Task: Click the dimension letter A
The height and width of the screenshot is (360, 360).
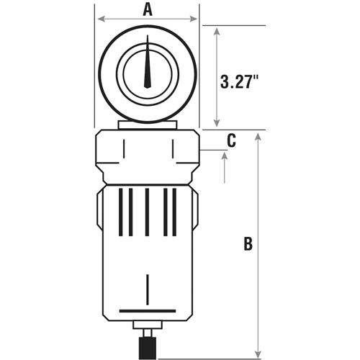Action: click(x=148, y=9)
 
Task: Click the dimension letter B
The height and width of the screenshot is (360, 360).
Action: click(x=247, y=244)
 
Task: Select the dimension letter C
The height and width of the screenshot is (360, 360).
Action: click(x=231, y=141)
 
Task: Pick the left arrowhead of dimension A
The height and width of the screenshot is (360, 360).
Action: click(x=102, y=19)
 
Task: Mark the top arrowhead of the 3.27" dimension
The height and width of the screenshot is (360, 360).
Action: click(x=218, y=31)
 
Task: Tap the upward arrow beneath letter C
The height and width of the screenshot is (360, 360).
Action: click(x=226, y=161)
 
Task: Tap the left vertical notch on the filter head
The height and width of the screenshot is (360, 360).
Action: click(x=122, y=150)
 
